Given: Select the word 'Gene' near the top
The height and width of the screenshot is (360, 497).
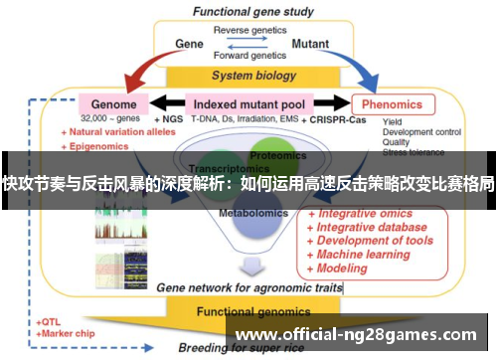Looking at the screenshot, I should click(189, 44).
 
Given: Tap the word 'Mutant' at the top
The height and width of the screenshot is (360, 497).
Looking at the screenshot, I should click(310, 44).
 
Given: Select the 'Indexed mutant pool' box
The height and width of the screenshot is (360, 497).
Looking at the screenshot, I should click(248, 103).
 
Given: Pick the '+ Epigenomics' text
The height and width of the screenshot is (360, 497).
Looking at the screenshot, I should click(98, 144).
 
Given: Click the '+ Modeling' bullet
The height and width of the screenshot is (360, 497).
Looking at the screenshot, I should click(339, 269).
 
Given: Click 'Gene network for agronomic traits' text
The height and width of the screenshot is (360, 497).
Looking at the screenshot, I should click(248, 286).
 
